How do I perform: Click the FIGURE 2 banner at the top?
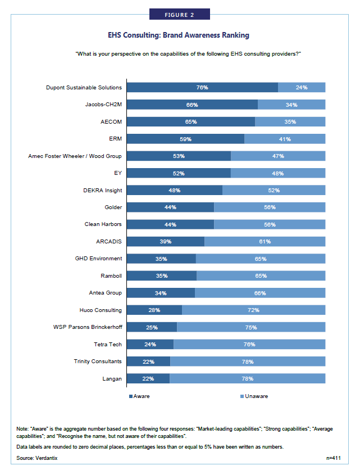pyautogui.click(x=180, y=14)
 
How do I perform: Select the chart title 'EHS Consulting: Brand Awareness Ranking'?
pyautogui.click(x=180, y=35)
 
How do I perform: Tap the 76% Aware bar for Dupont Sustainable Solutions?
pyautogui.click(x=202, y=88)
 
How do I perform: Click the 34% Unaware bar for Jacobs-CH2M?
pyautogui.click(x=291, y=105)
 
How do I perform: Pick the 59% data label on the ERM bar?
pyautogui.click(x=185, y=139)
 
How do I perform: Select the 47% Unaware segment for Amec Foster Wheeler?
pyautogui.click(x=278, y=156)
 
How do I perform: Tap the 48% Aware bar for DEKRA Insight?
pyautogui.click(x=175, y=190)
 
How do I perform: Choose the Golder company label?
pyautogui.click(x=113, y=207)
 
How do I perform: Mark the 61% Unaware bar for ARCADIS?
pyautogui.click(x=265, y=241)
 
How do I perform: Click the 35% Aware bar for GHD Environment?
pyautogui.click(x=162, y=259)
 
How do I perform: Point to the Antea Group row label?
pyautogui.click(x=106, y=293)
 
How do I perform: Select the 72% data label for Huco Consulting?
pyautogui.click(x=253, y=310)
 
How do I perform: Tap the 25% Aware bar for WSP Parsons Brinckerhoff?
pyautogui.click(x=152, y=327)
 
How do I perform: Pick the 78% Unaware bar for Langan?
pyautogui.click(x=247, y=378)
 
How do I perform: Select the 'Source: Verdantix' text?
pyautogui.click(x=37, y=459)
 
